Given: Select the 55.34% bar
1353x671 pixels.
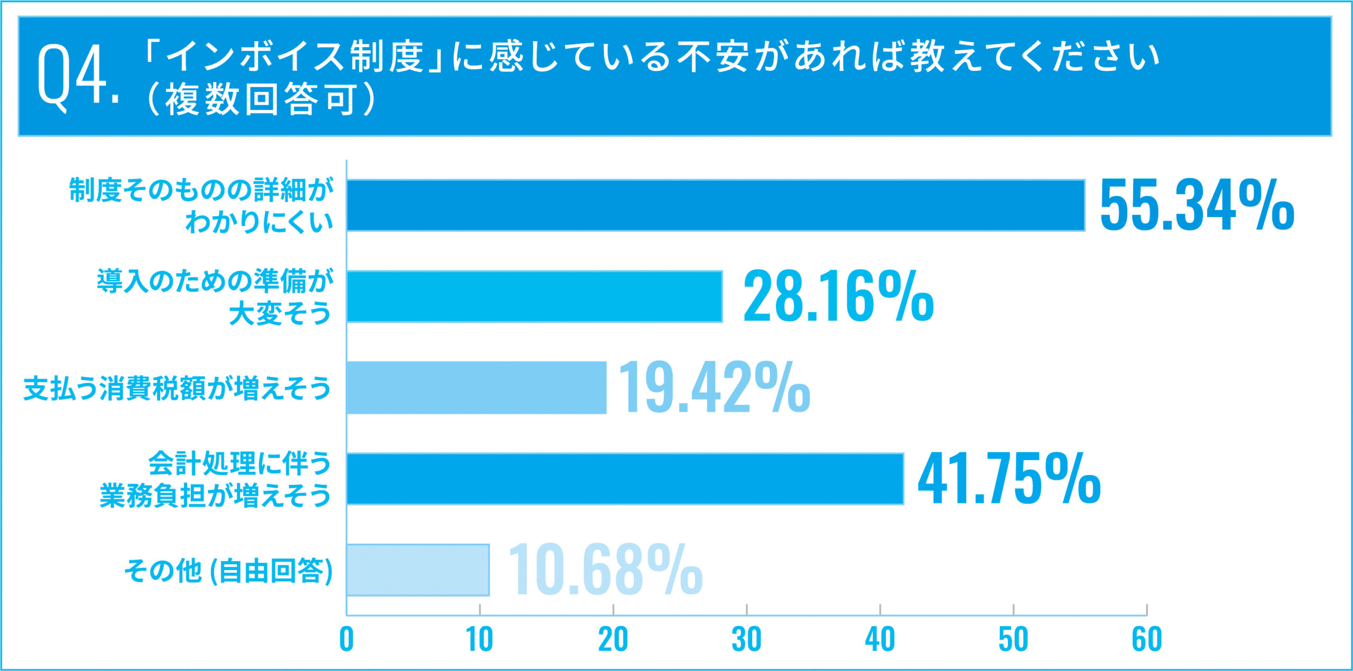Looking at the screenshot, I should pos(716,205).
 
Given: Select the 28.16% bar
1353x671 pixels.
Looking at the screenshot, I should pos(534,296).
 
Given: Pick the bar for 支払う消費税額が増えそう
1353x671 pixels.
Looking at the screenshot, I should pos(476,388).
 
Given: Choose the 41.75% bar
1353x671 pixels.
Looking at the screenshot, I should pos(625,479).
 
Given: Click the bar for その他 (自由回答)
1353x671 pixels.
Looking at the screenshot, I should pos(418,570).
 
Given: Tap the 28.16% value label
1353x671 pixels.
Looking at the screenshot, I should pos(838,296).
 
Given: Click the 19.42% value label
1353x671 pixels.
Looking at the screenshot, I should pos(713,388).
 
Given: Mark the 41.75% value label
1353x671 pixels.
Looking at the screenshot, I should pos(1009,479).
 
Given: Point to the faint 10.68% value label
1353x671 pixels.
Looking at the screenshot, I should pos(605,570).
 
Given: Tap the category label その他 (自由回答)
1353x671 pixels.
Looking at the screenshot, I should pos(228,571).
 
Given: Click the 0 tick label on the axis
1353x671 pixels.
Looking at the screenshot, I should pos(346,639).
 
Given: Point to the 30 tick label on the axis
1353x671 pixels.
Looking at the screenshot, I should pos(746,639).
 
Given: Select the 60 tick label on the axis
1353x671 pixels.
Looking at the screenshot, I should pos(1146,639).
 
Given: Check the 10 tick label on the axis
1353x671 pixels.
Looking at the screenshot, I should pos(479,639).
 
